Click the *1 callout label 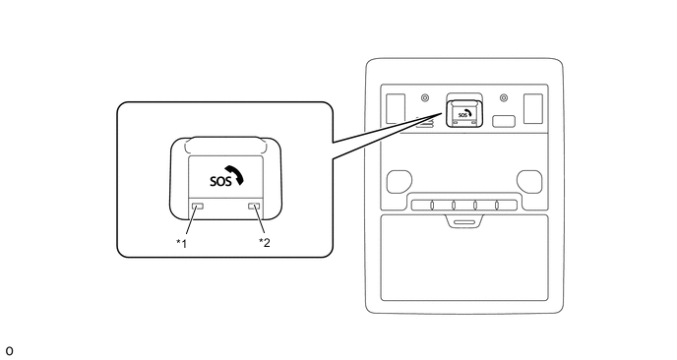(181, 244)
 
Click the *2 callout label (265, 243)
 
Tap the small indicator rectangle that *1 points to (198, 206)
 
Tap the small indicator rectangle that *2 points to (254, 206)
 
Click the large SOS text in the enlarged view (220, 181)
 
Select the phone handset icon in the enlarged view (235, 174)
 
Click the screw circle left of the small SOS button (425, 98)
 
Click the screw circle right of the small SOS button (504, 98)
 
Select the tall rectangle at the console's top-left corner (396, 108)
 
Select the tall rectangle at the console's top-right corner (533, 108)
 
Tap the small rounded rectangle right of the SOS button (504, 121)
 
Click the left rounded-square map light (399, 181)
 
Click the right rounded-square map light (529, 181)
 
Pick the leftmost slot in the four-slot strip (432, 205)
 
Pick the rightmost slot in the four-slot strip (497, 205)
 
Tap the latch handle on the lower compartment (464, 221)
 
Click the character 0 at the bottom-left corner (9, 351)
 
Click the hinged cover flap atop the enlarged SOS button (225, 146)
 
